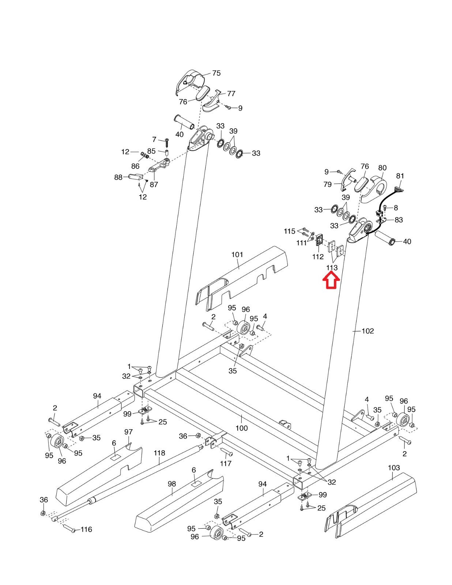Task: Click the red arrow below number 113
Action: point(331,281)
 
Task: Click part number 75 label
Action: point(216,73)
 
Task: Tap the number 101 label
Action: point(237,254)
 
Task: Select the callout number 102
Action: point(368,331)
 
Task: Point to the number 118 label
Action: point(159,453)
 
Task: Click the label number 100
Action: point(241,428)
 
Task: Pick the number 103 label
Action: point(394,468)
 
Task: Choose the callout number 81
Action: point(400,176)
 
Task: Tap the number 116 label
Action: point(86,529)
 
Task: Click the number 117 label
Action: point(226,464)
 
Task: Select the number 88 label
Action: point(118,177)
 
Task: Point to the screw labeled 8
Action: point(386,208)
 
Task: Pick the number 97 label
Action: point(128,432)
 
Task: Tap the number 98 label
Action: point(172,484)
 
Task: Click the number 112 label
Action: point(318,257)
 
